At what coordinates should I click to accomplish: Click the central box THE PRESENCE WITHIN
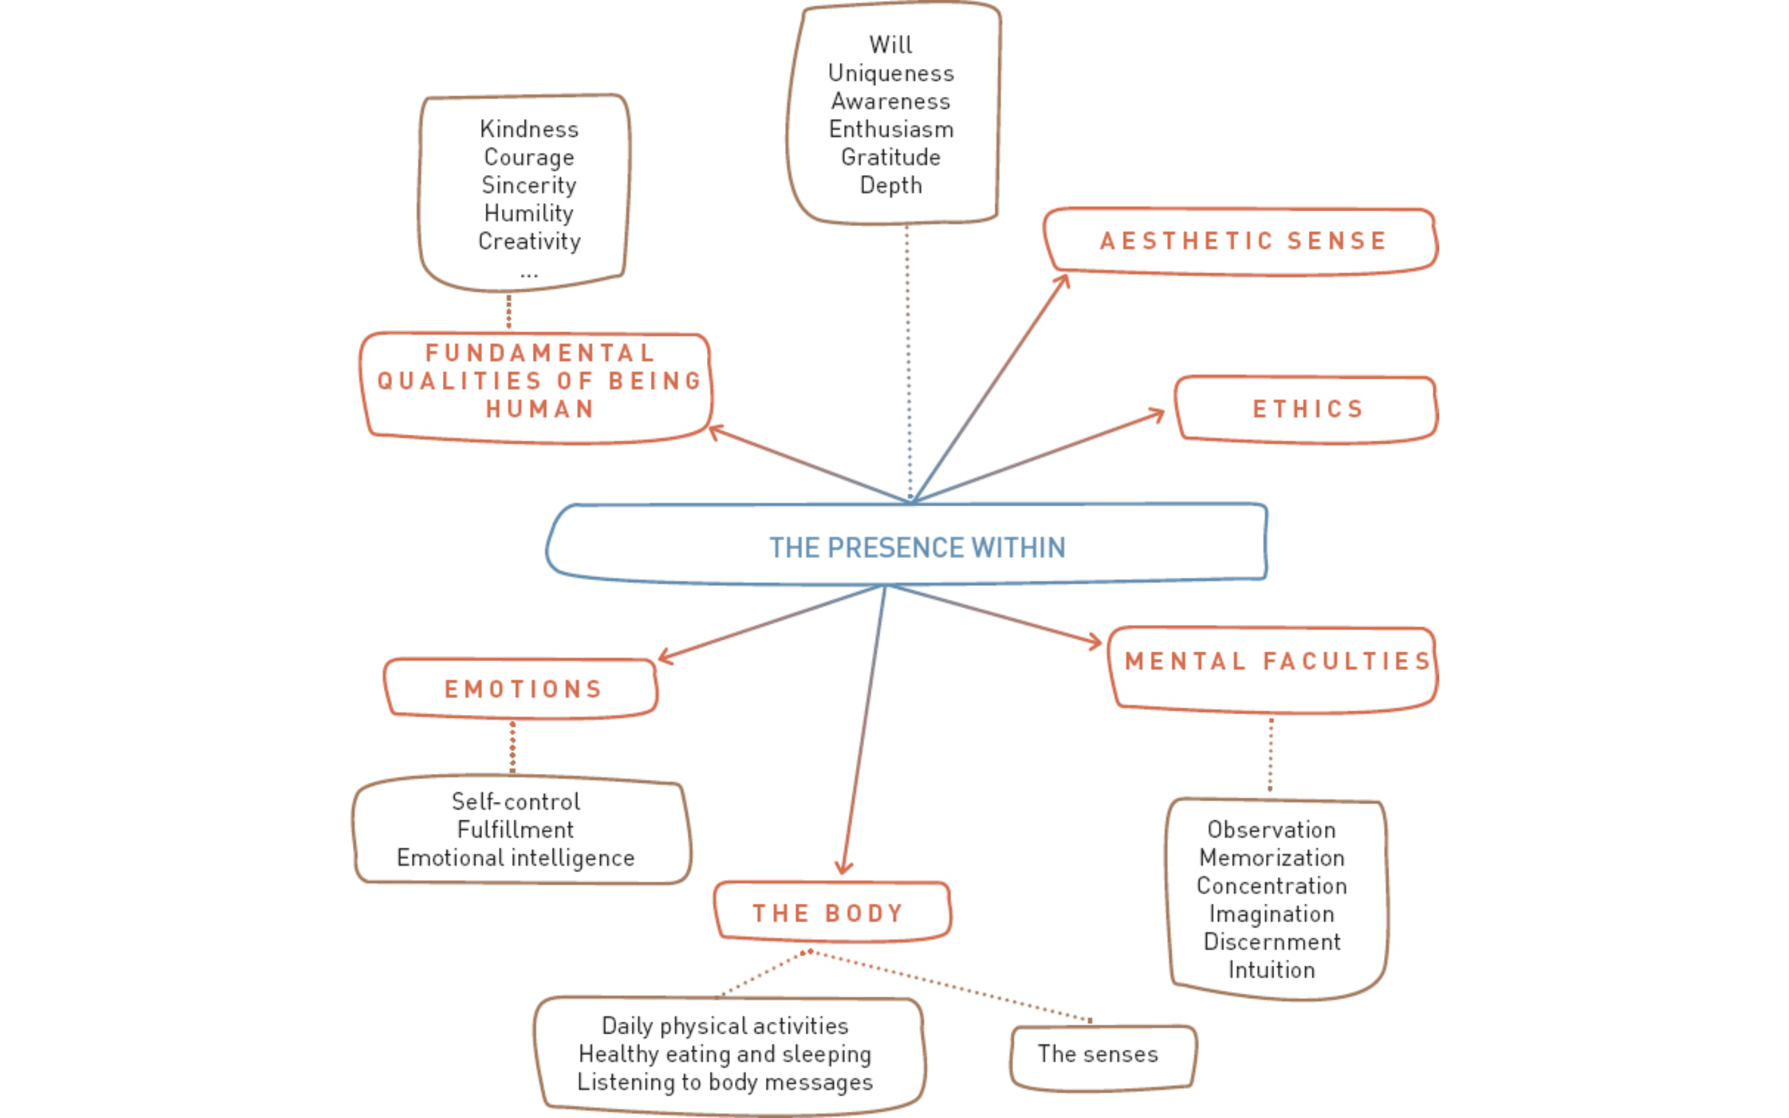pos(917,547)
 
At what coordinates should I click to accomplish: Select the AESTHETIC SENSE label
pos(1243,241)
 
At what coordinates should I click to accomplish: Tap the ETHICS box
pos(1307,409)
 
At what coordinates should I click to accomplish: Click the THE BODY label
pos(828,913)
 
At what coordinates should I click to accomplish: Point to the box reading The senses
pos(1098,1053)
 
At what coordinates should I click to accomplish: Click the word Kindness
pos(529,129)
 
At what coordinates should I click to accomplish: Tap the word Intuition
pos(1272,970)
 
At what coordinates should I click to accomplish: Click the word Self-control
pos(516,801)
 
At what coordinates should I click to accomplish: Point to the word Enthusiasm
pos(891,129)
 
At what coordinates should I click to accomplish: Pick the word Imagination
pos(1272,914)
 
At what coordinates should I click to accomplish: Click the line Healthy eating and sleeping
pos(724,1053)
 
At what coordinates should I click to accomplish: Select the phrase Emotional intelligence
pos(516,858)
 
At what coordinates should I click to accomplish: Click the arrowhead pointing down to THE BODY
pos(844,866)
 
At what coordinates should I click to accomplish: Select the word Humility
pos(529,214)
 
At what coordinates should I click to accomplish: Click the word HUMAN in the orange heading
pos(540,409)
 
